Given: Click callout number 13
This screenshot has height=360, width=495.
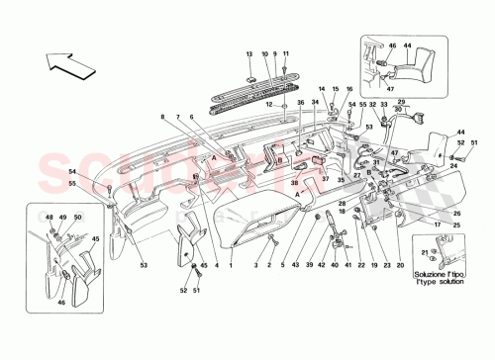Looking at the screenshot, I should point(248,52).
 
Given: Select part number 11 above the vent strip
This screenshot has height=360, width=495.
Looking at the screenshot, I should point(285,52).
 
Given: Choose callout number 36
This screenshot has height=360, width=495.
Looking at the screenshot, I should point(299,103).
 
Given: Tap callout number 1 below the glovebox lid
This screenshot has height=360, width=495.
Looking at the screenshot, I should point(231,266).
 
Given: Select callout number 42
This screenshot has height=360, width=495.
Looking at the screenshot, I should point(325,266).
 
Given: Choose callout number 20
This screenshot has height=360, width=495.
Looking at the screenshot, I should point(399,266).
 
